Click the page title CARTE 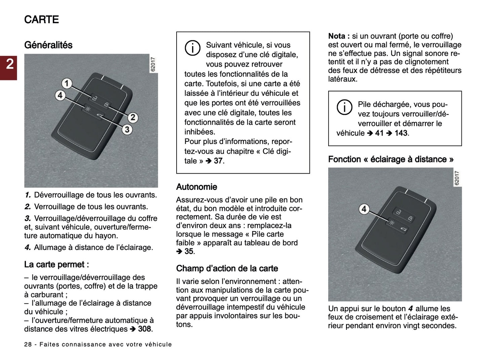tap(41, 20)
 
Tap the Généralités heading tap(48, 45)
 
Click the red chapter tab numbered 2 tap(8, 64)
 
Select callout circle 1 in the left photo tap(67, 83)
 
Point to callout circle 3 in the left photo tap(127, 129)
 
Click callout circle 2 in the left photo tap(133, 117)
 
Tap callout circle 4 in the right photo tap(364, 209)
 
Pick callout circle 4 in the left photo tap(60, 95)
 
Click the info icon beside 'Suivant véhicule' tap(192, 48)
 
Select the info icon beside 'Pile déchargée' tap(344, 107)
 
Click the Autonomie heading tap(196, 187)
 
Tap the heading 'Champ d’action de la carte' tap(227, 268)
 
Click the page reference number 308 tap(145, 329)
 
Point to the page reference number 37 tap(218, 161)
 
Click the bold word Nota tap(337, 36)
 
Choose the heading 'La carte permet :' tap(56, 264)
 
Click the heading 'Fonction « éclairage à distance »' tap(390, 159)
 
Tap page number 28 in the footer tap(28, 345)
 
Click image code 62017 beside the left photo tap(153, 64)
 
